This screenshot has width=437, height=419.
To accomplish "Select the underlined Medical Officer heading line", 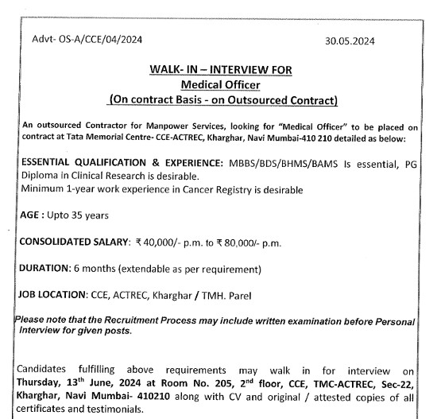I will (222, 84).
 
